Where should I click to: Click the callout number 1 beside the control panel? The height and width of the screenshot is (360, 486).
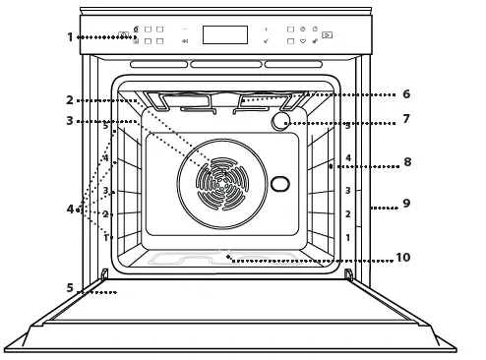click(x=70, y=37)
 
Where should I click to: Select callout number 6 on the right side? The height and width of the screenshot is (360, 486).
click(x=405, y=94)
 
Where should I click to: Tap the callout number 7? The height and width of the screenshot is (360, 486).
click(x=405, y=119)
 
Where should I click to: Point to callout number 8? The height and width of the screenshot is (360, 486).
click(x=406, y=161)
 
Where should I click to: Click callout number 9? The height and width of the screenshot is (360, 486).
click(x=405, y=204)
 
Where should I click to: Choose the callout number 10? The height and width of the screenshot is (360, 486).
click(x=402, y=257)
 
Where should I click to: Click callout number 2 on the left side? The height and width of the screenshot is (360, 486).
click(x=70, y=100)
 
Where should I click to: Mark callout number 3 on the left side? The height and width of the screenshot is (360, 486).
click(x=70, y=121)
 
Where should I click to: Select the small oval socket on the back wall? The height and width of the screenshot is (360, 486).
click(x=280, y=184)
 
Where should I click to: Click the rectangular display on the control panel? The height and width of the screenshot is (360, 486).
click(x=224, y=34)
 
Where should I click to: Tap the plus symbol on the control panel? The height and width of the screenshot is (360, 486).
click(x=266, y=29)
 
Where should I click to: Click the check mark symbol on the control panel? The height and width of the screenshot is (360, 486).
click(x=266, y=43)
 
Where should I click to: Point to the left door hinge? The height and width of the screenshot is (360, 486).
click(x=104, y=273)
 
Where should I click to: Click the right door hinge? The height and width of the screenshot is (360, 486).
click(x=347, y=273)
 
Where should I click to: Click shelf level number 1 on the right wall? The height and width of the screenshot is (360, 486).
click(x=347, y=238)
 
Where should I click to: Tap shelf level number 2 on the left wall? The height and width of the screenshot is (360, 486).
click(x=105, y=214)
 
